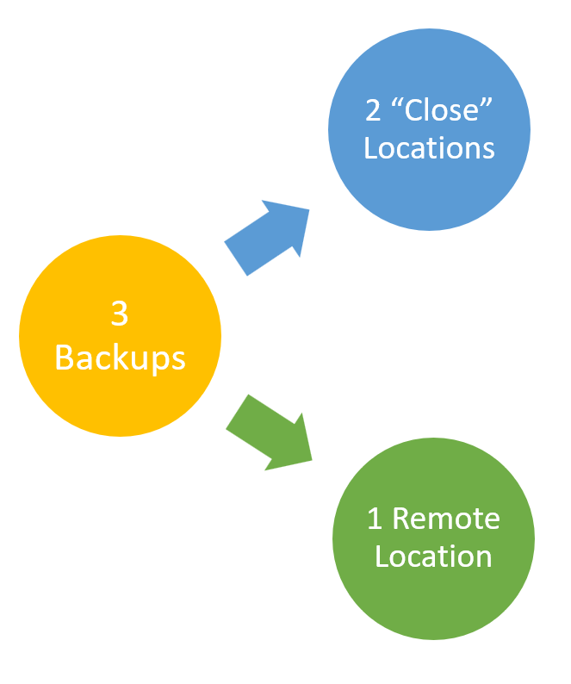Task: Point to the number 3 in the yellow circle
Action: click(120, 314)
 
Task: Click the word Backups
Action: click(120, 356)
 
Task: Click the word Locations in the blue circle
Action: click(429, 147)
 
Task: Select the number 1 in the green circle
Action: click(375, 519)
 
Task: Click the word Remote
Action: click(445, 519)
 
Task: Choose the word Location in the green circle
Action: click(433, 556)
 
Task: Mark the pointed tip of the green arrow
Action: click(312, 460)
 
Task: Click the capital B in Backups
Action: click(64, 356)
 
